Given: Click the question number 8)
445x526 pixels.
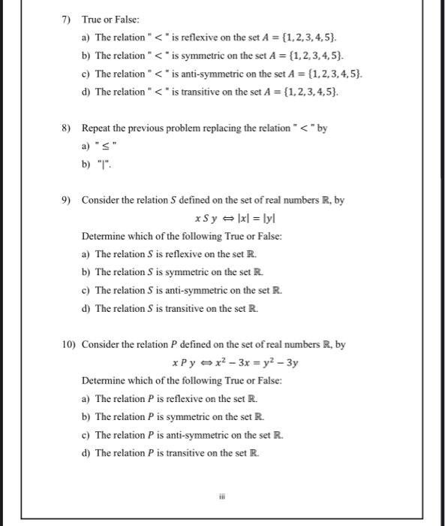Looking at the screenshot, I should (x=67, y=128).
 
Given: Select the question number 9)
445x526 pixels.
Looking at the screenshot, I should (x=67, y=201).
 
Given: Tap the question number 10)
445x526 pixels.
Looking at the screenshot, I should (x=68, y=345).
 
